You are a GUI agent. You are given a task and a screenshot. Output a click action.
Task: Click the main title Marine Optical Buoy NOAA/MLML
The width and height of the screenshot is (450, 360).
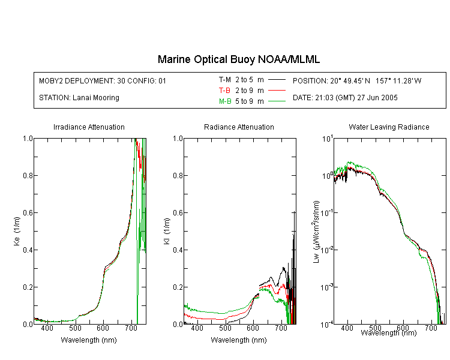pyautogui.click(x=238, y=59)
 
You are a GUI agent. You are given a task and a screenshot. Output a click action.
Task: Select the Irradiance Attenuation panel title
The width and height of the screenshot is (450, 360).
pyautogui.click(x=89, y=127)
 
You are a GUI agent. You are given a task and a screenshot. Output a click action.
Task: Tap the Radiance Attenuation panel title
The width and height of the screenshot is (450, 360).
pyautogui.click(x=239, y=127)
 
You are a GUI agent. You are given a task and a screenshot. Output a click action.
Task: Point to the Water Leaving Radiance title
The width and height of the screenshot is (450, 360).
pyautogui.click(x=389, y=127)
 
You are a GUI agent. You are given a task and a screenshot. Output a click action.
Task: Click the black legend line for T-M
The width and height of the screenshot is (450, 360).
pyautogui.click(x=277, y=80)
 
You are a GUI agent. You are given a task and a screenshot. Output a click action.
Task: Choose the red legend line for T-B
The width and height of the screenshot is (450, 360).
pyautogui.click(x=277, y=91)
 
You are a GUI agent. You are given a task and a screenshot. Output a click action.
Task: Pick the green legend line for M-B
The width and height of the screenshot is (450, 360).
pyautogui.click(x=277, y=101)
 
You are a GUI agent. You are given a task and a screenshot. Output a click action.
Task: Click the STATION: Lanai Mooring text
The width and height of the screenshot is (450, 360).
pyautogui.click(x=79, y=98)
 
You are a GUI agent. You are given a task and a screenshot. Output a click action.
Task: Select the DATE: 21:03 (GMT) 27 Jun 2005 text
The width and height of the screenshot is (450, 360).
pyautogui.click(x=345, y=98)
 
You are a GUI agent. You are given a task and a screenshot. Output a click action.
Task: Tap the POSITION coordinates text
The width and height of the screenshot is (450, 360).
pyautogui.click(x=357, y=80)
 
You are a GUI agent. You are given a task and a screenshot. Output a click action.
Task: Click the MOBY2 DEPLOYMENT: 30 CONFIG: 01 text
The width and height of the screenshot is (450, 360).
pyautogui.click(x=103, y=80)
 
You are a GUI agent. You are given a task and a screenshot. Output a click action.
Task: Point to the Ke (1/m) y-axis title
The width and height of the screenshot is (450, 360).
pyautogui.click(x=17, y=231)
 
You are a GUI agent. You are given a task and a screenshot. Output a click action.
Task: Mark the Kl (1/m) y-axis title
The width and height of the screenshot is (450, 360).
pyautogui.click(x=167, y=231)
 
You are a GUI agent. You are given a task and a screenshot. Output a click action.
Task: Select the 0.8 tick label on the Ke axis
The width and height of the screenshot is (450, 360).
pyautogui.click(x=28, y=175)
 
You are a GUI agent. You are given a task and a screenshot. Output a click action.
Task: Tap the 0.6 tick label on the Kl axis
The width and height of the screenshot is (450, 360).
pyautogui.click(x=178, y=213)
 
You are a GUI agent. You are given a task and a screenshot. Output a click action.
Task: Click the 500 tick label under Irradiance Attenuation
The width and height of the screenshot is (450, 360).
pyautogui.click(x=75, y=328)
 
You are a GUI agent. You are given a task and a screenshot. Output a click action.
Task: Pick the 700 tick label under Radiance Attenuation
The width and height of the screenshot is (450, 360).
pyautogui.click(x=281, y=328)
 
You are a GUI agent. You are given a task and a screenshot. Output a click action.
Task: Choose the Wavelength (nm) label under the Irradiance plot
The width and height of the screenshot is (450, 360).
pyautogui.click(x=89, y=340)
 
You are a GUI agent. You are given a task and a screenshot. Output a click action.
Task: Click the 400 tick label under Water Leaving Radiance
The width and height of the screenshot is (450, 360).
pyautogui.click(x=347, y=328)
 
